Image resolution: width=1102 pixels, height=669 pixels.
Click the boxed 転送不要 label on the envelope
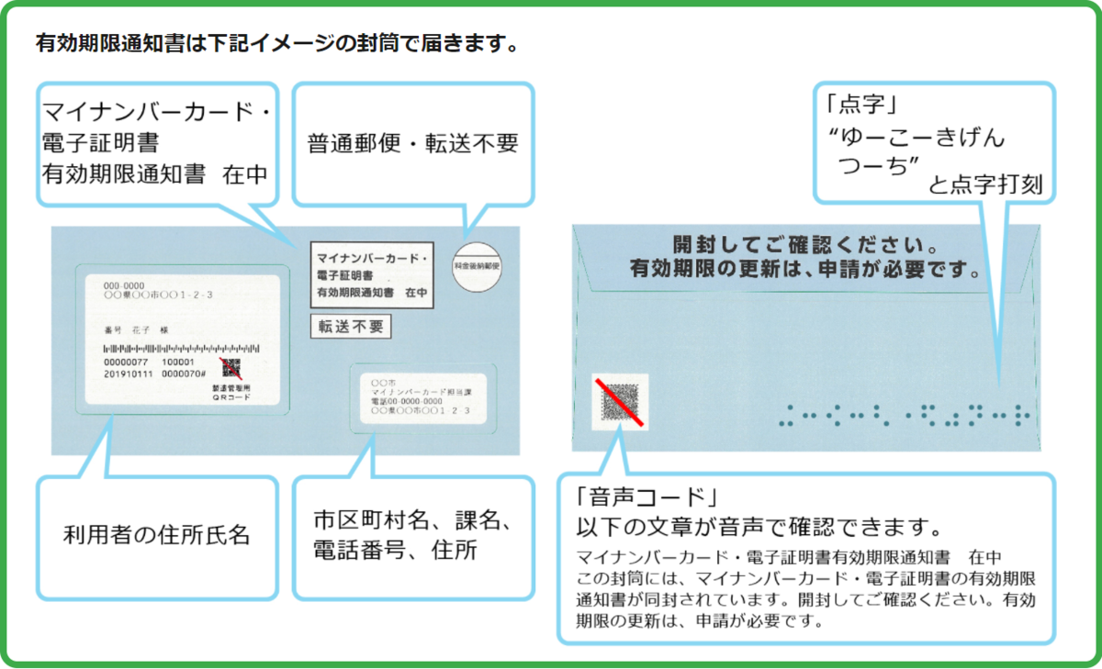click(350, 326)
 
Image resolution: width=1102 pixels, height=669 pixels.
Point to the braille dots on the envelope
click(904, 415)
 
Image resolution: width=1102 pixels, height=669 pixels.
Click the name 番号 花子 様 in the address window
click(137, 329)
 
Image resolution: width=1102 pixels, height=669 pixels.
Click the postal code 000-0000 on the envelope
click(123, 285)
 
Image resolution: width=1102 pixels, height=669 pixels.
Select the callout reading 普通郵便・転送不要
click(412, 143)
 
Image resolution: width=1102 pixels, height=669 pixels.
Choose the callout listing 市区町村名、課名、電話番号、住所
click(412, 536)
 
